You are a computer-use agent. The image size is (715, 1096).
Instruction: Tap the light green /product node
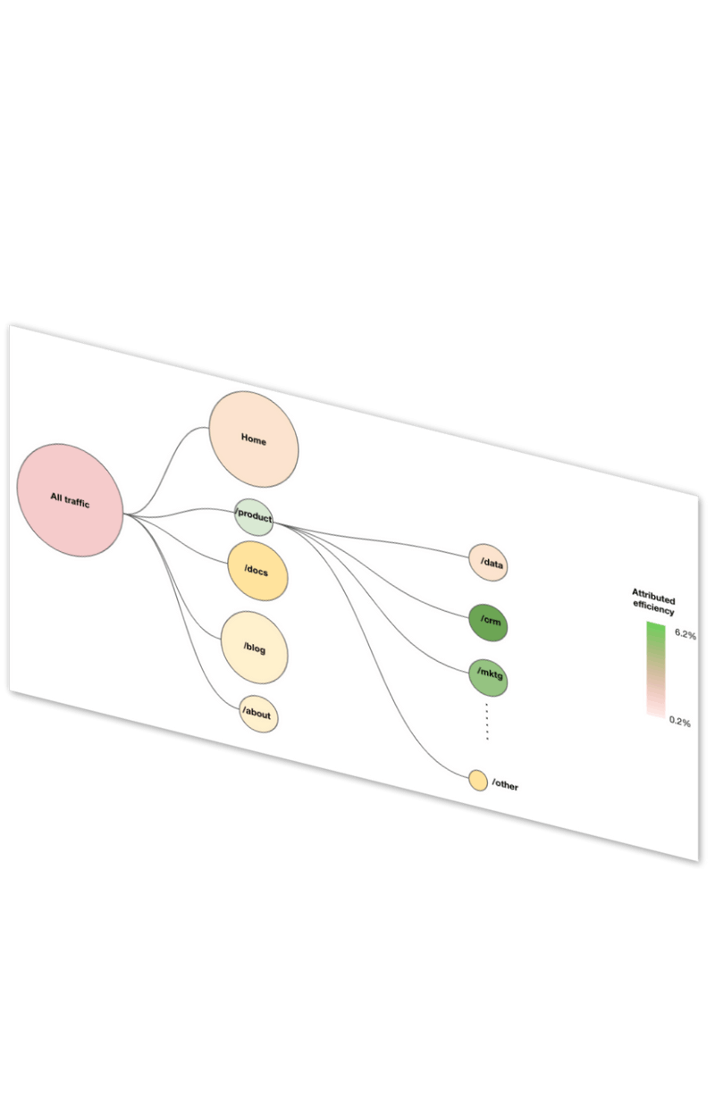[254, 517]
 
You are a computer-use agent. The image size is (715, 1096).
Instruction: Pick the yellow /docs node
[257, 571]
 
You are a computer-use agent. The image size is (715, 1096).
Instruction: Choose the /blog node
[255, 648]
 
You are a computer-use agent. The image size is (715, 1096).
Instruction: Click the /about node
[257, 713]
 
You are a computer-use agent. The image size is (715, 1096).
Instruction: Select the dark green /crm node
[488, 622]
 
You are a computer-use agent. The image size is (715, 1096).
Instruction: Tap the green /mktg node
[488, 677]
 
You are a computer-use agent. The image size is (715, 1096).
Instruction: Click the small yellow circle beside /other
[478, 781]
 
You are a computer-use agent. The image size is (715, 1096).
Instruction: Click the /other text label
[505, 786]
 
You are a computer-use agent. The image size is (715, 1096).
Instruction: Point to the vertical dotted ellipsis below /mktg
[487, 721]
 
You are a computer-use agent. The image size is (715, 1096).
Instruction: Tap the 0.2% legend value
[680, 722]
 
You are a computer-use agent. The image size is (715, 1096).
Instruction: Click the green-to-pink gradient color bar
[655, 670]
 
